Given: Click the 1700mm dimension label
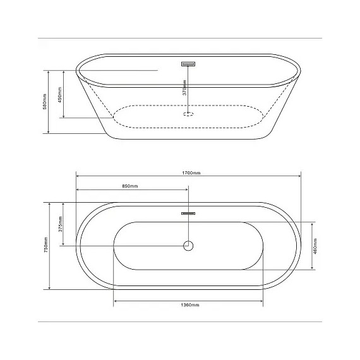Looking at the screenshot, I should pyautogui.click(x=188, y=172).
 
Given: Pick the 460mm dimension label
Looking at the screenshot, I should pyautogui.click(x=316, y=246).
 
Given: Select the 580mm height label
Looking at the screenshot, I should pyautogui.click(x=44, y=101).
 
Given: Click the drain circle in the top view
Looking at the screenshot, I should pyautogui.click(x=188, y=246).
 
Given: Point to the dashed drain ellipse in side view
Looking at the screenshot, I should pyautogui.click(x=188, y=114).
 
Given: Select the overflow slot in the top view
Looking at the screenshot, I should pyautogui.click(x=188, y=214).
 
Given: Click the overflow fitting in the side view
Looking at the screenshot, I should pyautogui.click(x=188, y=63).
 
